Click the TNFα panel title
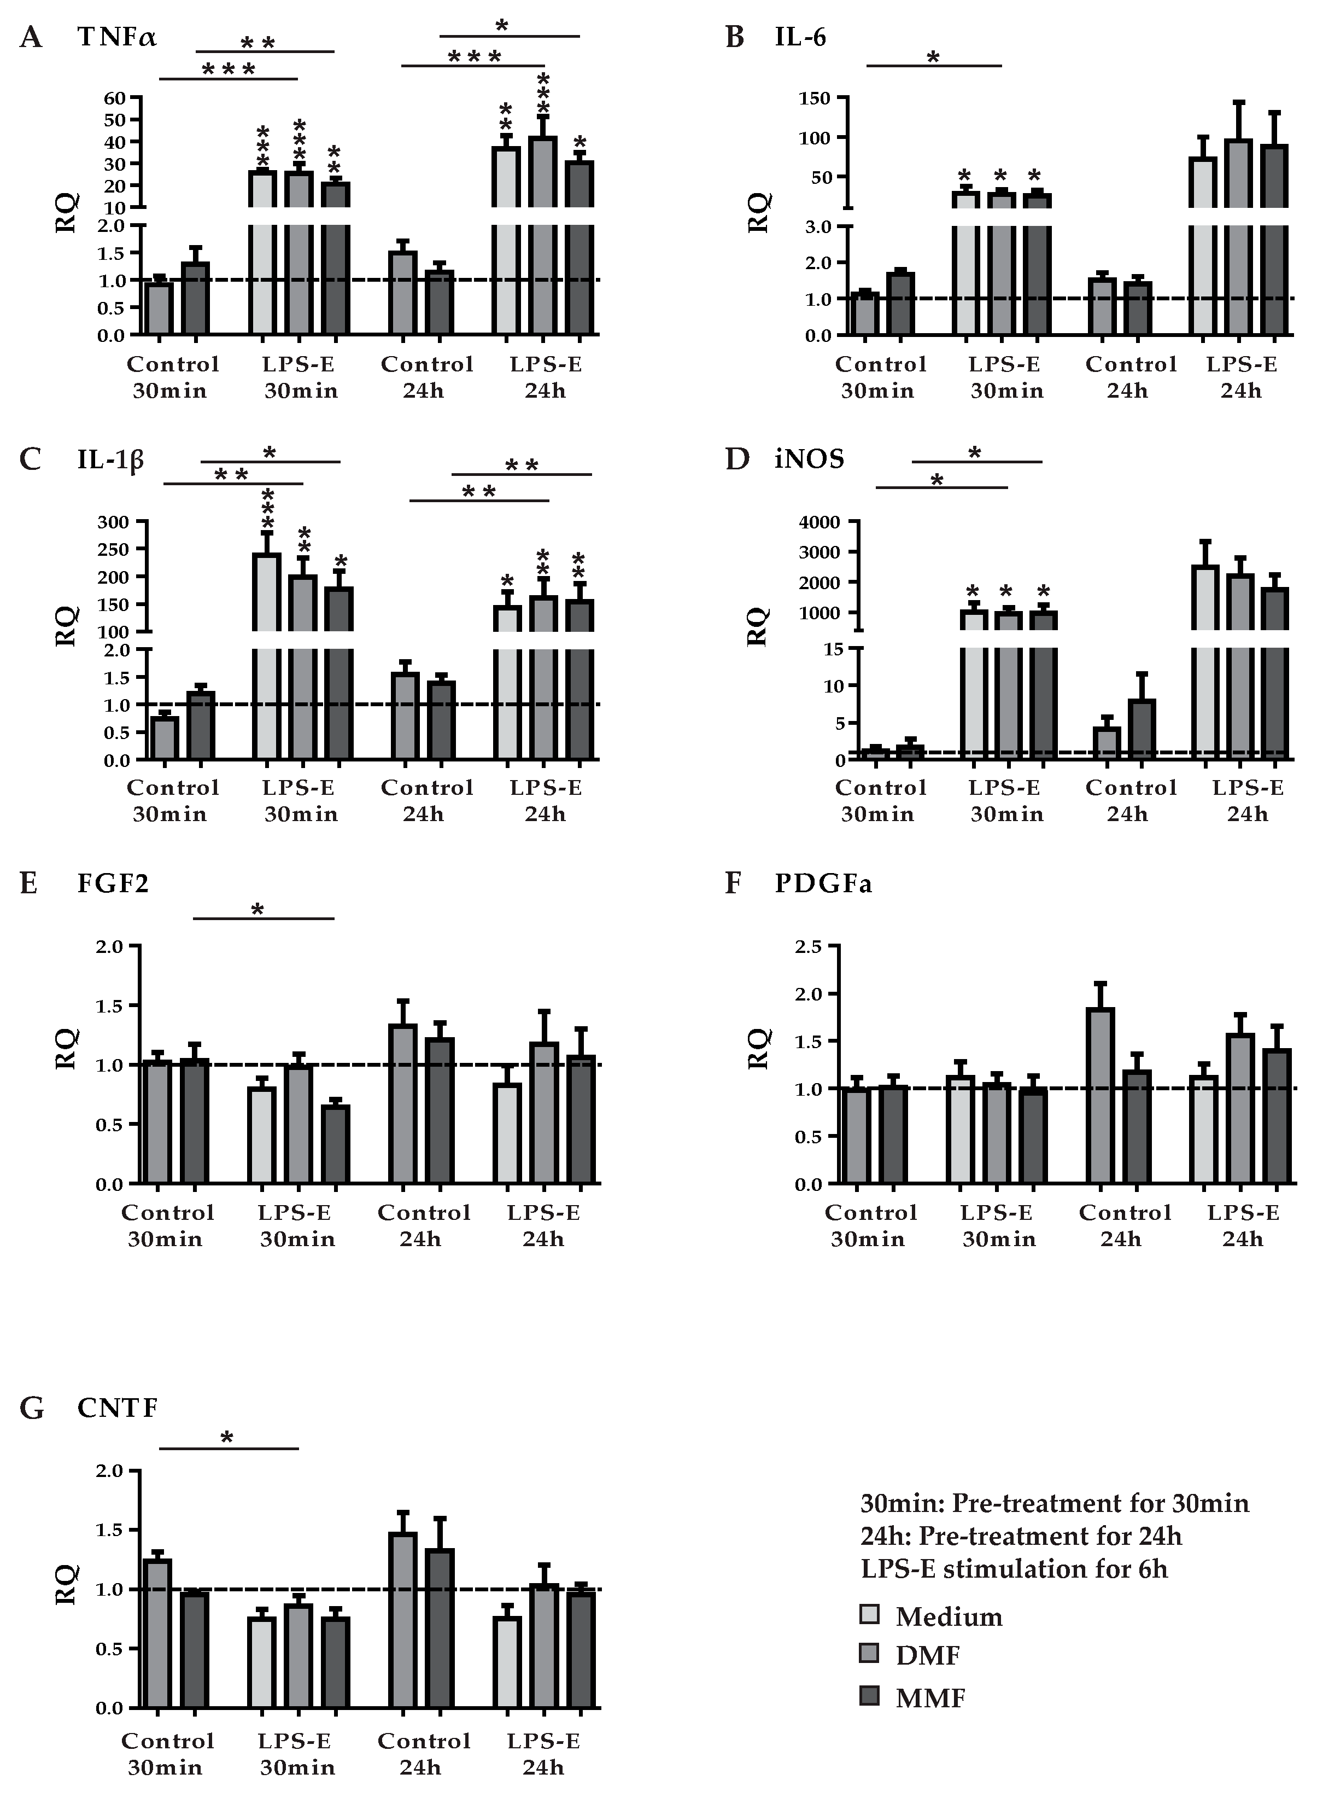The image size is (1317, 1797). coord(116,38)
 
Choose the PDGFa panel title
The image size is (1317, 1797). coord(823,884)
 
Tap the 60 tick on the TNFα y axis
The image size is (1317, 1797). coord(114,98)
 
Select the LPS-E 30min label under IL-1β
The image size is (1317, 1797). coord(299,801)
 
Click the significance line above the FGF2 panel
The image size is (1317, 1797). coord(264,919)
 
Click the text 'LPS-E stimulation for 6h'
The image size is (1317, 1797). coord(1014,1569)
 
